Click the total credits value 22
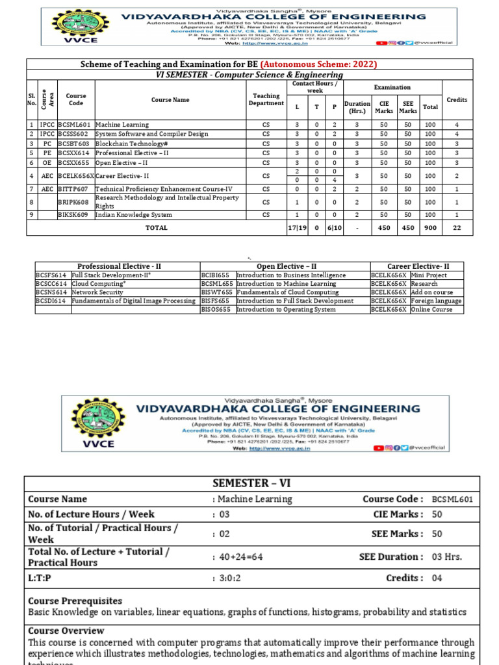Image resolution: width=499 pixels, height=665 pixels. [456, 228]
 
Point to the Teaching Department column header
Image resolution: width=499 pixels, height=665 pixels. [266, 99]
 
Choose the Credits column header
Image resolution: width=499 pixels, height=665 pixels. [456, 99]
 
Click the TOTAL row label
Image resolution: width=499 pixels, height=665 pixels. [156, 228]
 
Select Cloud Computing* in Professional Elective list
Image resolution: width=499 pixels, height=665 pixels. [98, 284]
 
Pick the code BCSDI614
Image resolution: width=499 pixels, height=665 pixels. [52, 301]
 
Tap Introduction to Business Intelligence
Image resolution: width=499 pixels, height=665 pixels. [290, 275]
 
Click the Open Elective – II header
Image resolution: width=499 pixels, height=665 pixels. [285, 266]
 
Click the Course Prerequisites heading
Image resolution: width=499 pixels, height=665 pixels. [75, 601]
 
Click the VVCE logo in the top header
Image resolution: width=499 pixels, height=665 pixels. [71, 25]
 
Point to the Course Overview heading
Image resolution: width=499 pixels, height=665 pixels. [66, 631]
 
